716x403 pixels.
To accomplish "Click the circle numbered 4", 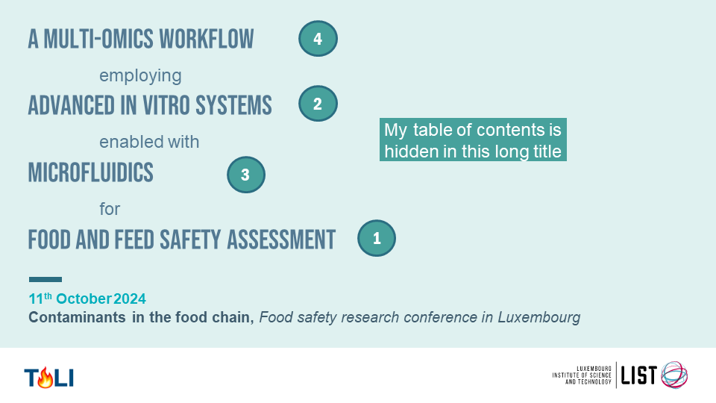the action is click(x=318, y=39).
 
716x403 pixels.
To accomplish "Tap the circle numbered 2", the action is click(x=318, y=104).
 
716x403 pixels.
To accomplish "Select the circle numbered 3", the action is click(x=246, y=175).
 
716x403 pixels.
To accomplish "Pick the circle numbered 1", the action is click(x=377, y=238).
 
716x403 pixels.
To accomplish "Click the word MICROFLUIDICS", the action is click(x=91, y=172).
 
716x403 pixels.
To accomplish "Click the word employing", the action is click(x=140, y=76).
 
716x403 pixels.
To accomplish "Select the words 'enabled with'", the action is click(x=149, y=142).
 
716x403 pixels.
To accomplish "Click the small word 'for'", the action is click(x=110, y=209).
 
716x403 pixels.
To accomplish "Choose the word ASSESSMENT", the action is click(x=281, y=240).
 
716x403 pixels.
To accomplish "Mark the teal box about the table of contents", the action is click(x=473, y=140).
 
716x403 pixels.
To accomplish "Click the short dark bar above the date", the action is click(x=45, y=279).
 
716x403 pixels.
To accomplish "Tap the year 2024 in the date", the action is click(x=130, y=299).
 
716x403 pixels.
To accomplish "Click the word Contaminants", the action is click(x=77, y=317).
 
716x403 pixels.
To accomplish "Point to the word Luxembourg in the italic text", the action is click(x=538, y=317).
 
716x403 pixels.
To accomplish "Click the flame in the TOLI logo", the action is click(x=45, y=378).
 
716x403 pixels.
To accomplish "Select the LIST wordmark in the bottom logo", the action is click(x=639, y=375).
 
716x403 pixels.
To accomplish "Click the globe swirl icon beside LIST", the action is click(x=674, y=375).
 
